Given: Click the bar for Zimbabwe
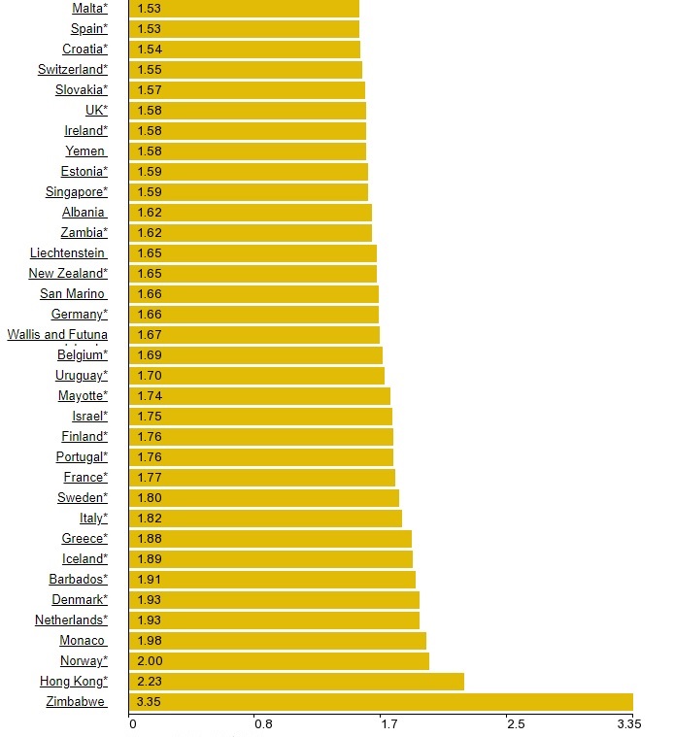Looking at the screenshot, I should [381, 702].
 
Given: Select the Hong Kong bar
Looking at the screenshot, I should [296, 682].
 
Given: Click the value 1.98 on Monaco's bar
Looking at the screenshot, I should [150, 641].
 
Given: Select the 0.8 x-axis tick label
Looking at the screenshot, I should [261, 723].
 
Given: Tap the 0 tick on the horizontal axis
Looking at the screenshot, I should [132, 723].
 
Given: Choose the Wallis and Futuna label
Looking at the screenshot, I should [57, 335].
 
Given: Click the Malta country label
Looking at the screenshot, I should [90, 9].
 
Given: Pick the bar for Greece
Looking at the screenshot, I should [271, 539].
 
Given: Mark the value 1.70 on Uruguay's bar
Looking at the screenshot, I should [150, 376].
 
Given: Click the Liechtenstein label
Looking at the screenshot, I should [68, 253].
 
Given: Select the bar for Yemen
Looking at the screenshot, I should [248, 151].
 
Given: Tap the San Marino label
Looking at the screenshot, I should [73, 294].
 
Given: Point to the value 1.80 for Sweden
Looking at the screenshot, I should [150, 498].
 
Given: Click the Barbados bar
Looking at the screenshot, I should [273, 580].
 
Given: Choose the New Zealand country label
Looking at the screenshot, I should [68, 274].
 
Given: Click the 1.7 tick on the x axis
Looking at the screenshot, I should [388, 723].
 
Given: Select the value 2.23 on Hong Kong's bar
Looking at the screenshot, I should [150, 682].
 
